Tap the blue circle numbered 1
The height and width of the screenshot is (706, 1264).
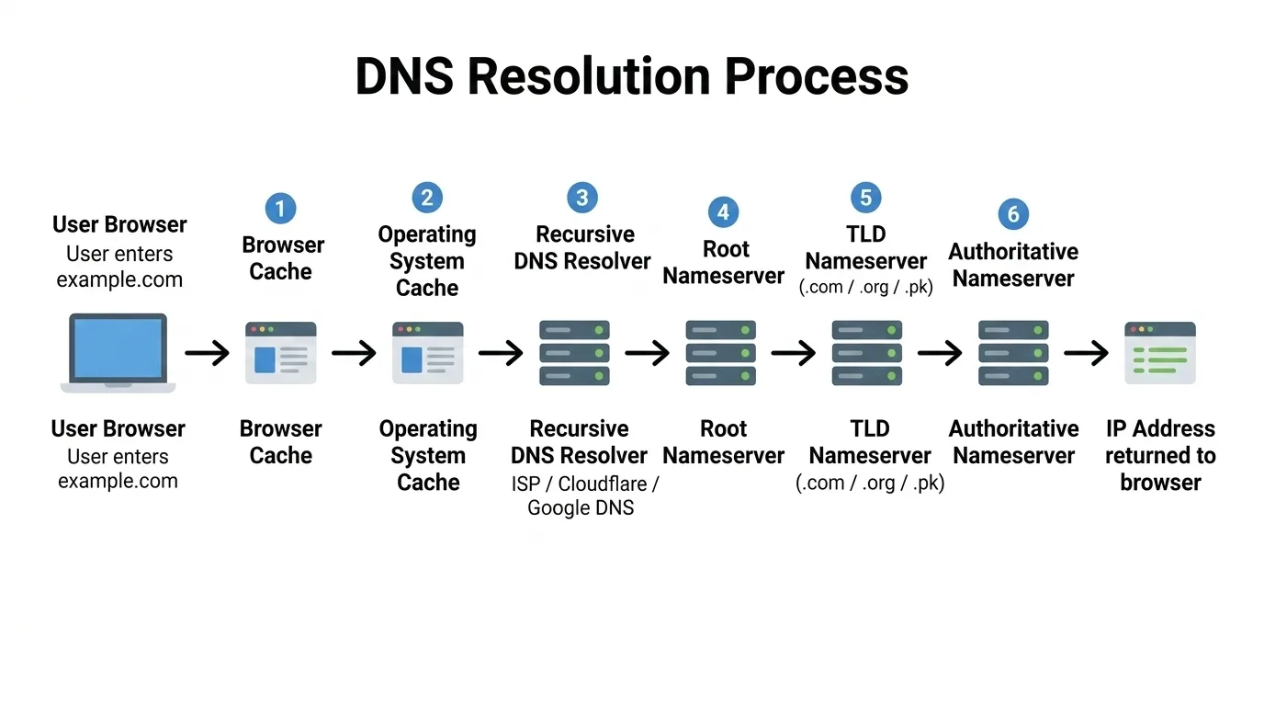point(280,208)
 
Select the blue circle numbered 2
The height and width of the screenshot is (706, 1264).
point(426,198)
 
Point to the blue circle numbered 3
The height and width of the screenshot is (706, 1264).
point(581,198)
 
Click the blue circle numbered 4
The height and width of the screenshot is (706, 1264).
point(723,212)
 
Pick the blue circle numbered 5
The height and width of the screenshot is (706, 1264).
point(865,198)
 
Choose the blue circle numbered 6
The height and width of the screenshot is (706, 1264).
point(1013,214)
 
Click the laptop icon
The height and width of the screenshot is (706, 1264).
point(118,353)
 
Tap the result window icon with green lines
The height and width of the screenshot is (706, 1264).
point(1160,353)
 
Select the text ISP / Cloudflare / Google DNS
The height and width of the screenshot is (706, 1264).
point(584,495)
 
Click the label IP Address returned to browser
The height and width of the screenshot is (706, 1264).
point(1160,455)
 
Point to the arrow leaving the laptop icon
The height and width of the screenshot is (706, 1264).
point(207,353)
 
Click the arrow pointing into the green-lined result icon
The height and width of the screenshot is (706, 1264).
point(1087,353)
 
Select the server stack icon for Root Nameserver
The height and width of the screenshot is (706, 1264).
point(721,353)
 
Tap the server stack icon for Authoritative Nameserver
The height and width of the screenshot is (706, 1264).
point(1013,353)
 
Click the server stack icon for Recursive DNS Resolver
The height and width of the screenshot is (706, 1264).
point(575,353)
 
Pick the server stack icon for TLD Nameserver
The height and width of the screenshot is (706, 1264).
point(867,353)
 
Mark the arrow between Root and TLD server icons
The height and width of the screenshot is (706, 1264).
point(794,353)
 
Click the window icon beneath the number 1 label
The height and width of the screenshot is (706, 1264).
point(280,353)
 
